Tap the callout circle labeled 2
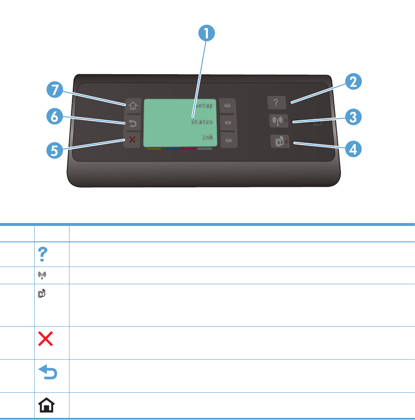click(x=354, y=81)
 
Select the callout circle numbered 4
click(x=354, y=149)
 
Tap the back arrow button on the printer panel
click(x=132, y=123)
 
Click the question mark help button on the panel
click(x=276, y=103)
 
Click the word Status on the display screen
click(x=202, y=122)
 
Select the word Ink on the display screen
click(x=207, y=137)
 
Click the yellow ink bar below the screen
click(x=154, y=148)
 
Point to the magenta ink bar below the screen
click(x=188, y=148)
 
